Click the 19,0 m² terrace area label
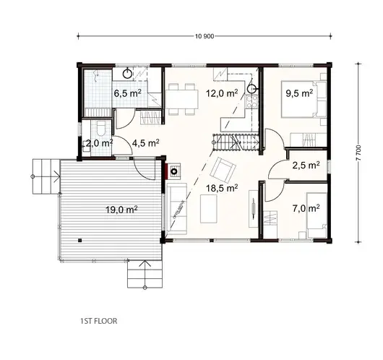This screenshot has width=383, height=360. tap(121, 210)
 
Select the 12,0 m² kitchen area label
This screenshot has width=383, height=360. tap(223, 93)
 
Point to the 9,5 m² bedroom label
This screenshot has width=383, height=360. tap(298, 93)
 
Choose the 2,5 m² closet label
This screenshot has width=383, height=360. tap(306, 165)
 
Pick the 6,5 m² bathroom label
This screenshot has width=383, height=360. tap(131, 93)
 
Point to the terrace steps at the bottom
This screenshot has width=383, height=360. tap(144, 274)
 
